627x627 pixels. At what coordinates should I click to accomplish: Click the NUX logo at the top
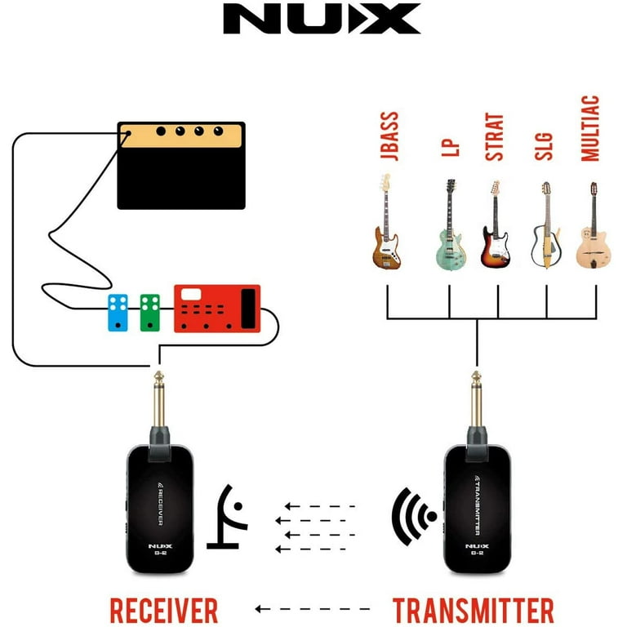click(322, 19)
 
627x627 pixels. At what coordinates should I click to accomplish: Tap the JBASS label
click(389, 136)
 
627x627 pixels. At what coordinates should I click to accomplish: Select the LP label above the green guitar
click(451, 148)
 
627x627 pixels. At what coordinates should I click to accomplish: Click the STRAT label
click(494, 137)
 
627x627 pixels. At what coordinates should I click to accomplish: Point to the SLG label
click(544, 147)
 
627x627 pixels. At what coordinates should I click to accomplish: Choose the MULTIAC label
click(590, 128)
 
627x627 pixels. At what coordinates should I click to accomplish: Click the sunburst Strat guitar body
click(495, 247)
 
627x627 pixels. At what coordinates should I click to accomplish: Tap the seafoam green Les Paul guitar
click(451, 225)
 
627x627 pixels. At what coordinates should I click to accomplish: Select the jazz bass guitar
click(386, 221)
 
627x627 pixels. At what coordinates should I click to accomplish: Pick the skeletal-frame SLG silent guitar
click(546, 225)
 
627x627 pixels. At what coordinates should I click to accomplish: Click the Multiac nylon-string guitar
click(594, 225)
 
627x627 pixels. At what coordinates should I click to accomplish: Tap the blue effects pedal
click(118, 313)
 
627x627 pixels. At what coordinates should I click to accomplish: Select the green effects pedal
click(150, 313)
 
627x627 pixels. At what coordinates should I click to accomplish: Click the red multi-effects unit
click(217, 309)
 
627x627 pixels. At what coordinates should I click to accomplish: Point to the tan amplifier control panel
click(181, 136)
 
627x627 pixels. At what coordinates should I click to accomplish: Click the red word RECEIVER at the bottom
click(164, 610)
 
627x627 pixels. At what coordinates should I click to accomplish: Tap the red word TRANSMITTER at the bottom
click(474, 610)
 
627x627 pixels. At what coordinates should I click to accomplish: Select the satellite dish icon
click(227, 517)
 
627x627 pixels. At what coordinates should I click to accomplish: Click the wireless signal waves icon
click(414, 517)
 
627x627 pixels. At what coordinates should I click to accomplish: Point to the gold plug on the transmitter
click(476, 398)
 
